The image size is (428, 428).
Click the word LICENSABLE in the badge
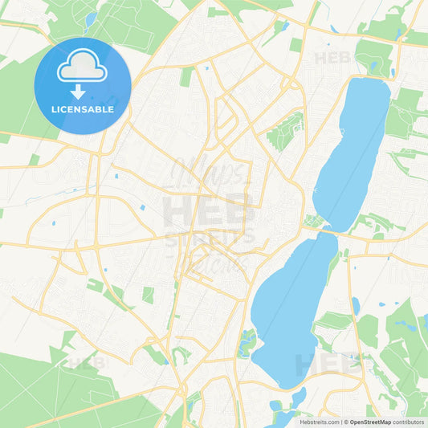point(84,109)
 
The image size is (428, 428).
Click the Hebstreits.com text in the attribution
point(319,421)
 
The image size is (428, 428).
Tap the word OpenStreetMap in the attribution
point(369,421)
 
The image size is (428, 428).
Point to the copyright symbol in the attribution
point(345,421)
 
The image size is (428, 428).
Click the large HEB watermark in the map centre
point(209,210)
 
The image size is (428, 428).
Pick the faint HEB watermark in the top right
point(332,58)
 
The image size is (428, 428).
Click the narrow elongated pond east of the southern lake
point(355,306)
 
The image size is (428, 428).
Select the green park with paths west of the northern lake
point(286,130)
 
